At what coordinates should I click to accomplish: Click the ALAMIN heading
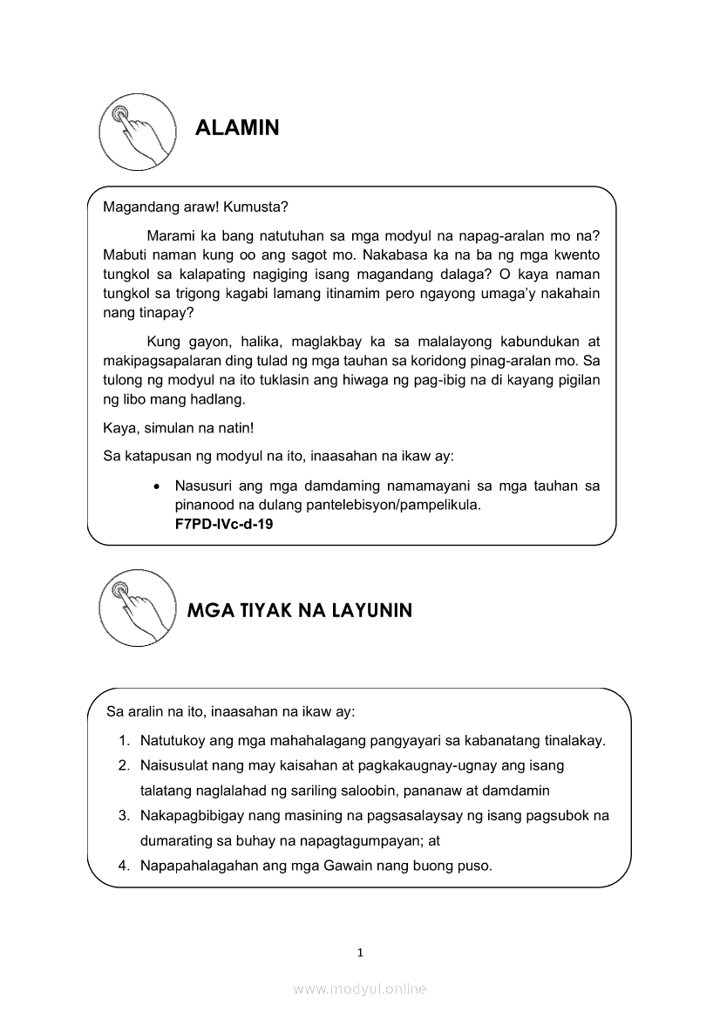(x=237, y=128)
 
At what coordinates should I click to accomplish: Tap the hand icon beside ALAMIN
(x=133, y=133)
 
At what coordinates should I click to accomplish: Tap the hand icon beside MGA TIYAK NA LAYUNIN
(x=133, y=609)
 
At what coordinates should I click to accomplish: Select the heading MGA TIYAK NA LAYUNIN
(x=300, y=610)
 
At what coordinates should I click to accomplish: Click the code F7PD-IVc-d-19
(x=224, y=525)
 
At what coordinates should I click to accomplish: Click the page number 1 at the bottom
(x=360, y=953)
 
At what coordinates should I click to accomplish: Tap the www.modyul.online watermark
(x=360, y=988)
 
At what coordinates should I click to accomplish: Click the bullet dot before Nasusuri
(x=155, y=486)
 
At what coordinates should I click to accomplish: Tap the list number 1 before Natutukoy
(x=123, y=741)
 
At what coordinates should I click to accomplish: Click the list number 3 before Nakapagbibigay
(x=124, y=816)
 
